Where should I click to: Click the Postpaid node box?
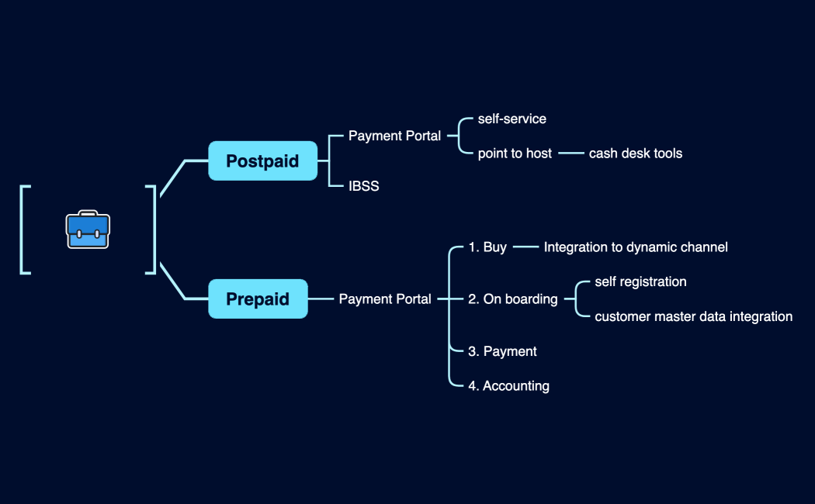point(262,161)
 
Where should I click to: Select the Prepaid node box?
point(258,299)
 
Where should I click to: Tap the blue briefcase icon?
point(88,230)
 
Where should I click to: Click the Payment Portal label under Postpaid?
point(394,136)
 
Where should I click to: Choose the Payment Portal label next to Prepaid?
point(385,299)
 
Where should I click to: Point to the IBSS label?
point(363,186)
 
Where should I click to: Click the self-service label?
point(512,119)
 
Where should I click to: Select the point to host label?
point(515,154)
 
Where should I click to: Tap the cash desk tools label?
point(635,154)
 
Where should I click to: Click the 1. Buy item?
point(487,247)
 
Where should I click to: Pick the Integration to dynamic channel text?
point(636,247)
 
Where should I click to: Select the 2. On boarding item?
point(512,299)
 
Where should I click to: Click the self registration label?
point(640,281)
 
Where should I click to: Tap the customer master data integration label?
point(693,316)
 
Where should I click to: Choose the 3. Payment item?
point(502,351)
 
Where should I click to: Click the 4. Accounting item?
point(508,385)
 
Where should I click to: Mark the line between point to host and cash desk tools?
point(570,154)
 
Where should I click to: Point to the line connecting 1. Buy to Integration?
point(525,247)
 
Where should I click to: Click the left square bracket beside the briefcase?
point(25,230)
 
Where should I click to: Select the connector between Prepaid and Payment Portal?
point(321,299)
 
